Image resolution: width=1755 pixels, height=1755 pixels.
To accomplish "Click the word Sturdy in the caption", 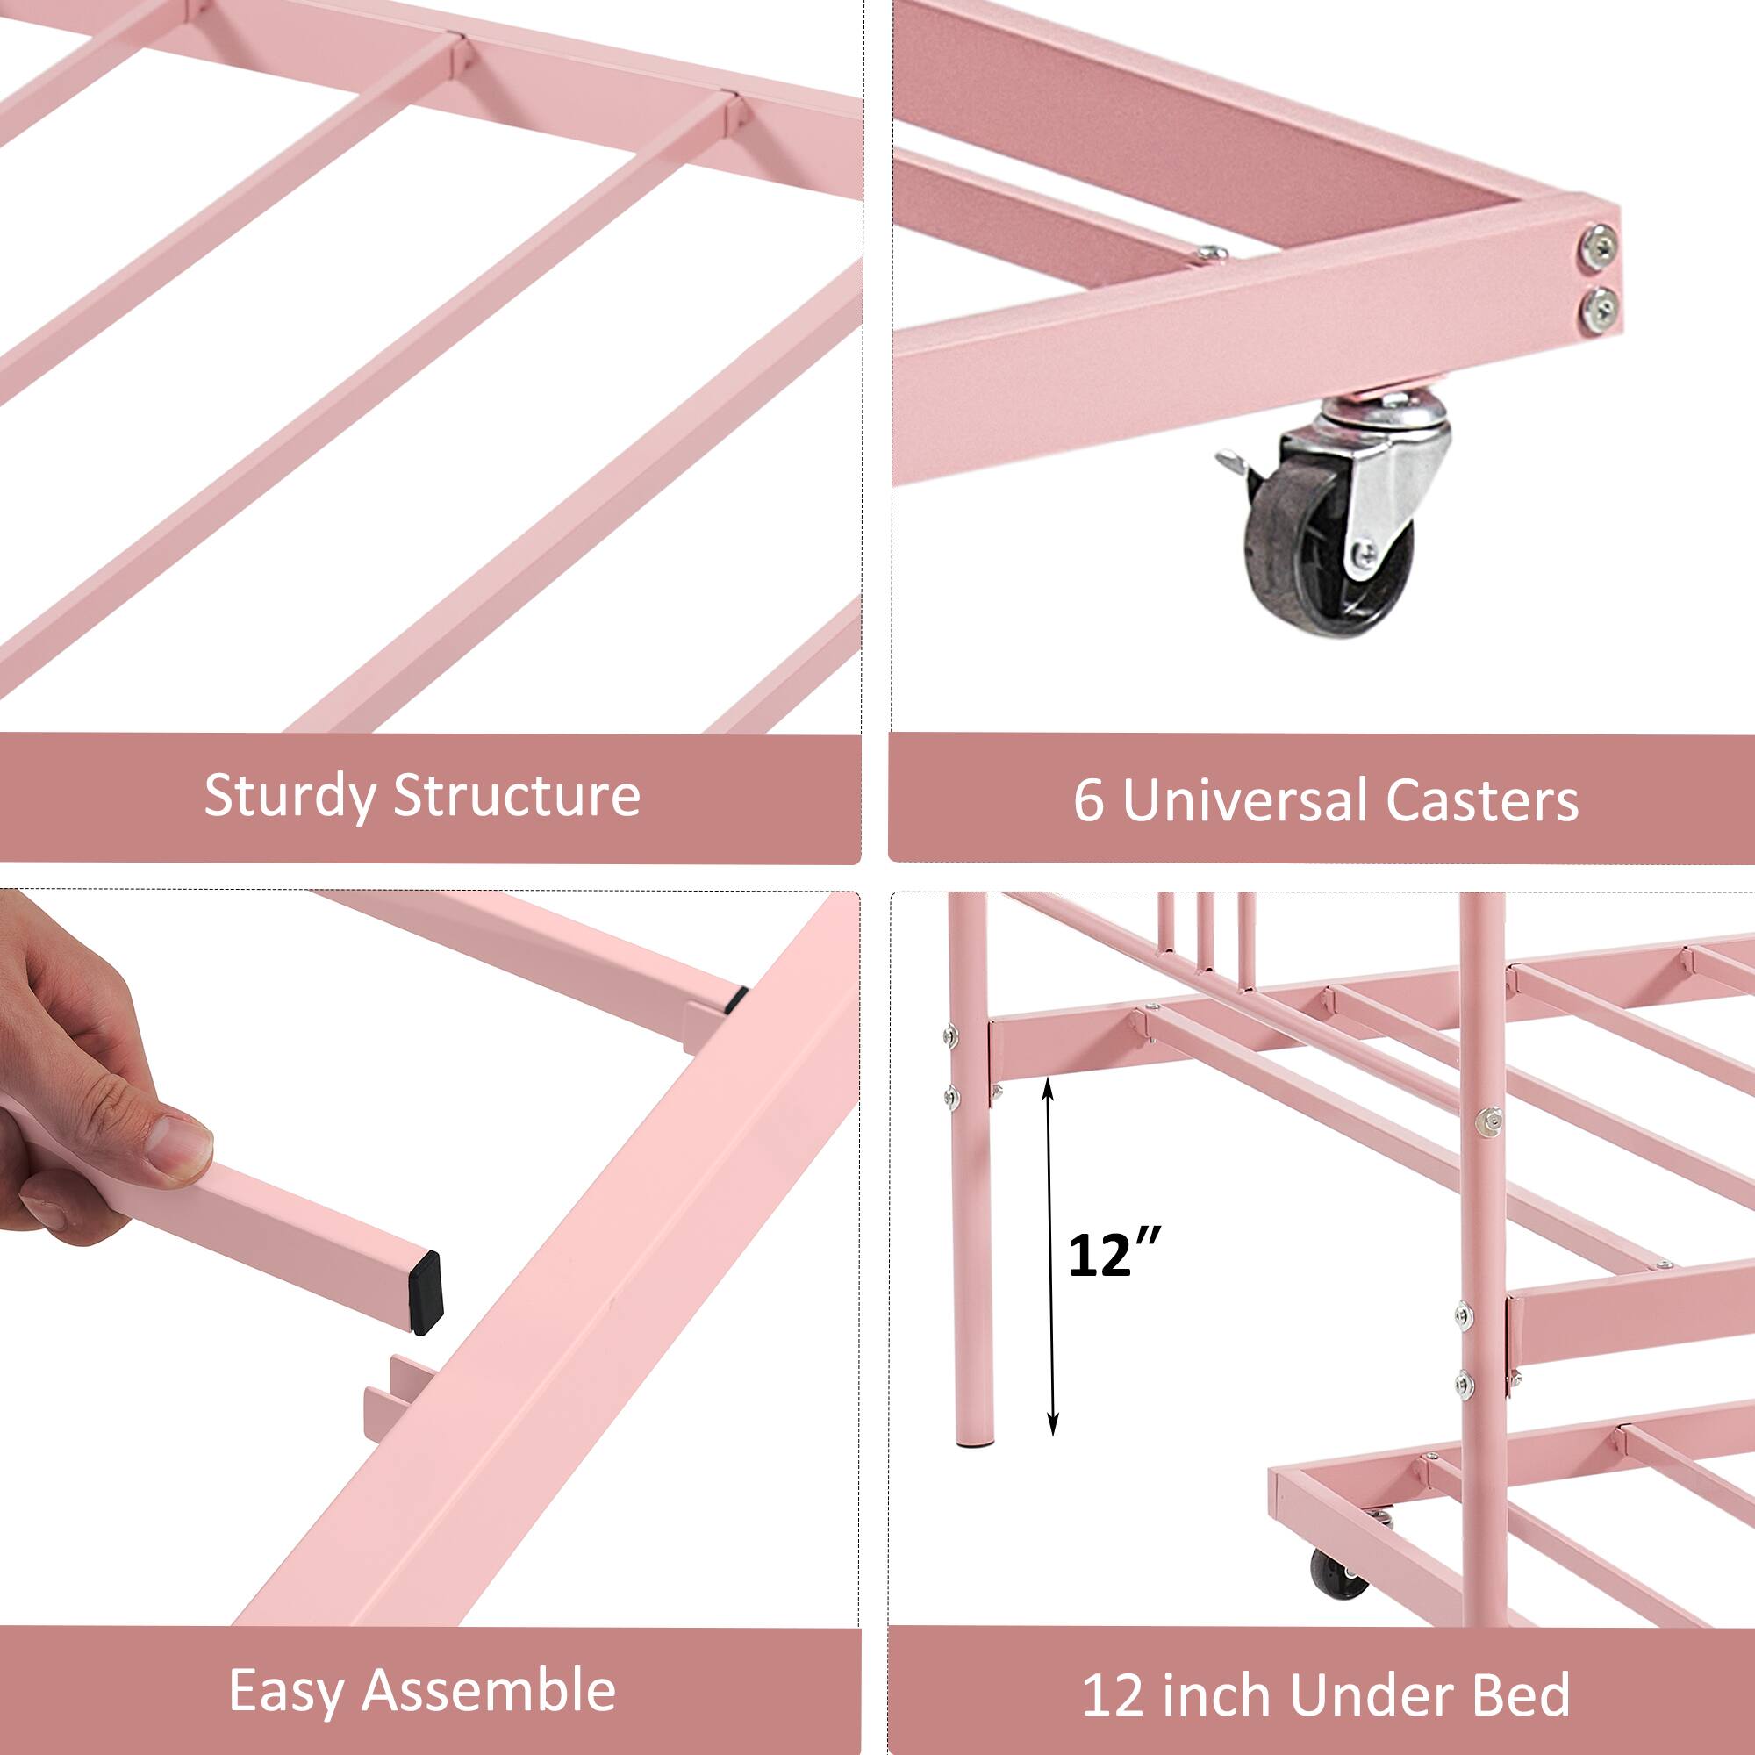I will pos(290,797).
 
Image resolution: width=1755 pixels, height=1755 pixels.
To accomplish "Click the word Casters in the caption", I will pos(1481,801).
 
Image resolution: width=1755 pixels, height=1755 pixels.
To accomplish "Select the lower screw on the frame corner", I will pos(1599,309).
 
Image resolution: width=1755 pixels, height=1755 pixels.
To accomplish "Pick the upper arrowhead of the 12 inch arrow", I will pos(1049,1083).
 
